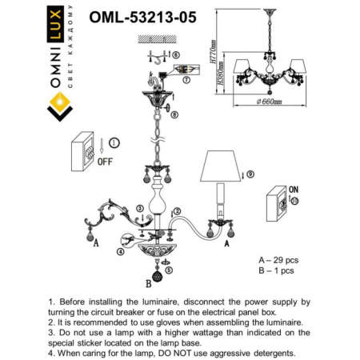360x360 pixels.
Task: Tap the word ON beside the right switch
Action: [294, 189]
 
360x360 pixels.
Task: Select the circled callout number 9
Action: [250, 174]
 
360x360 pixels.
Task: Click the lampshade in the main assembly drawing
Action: [222, 166]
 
